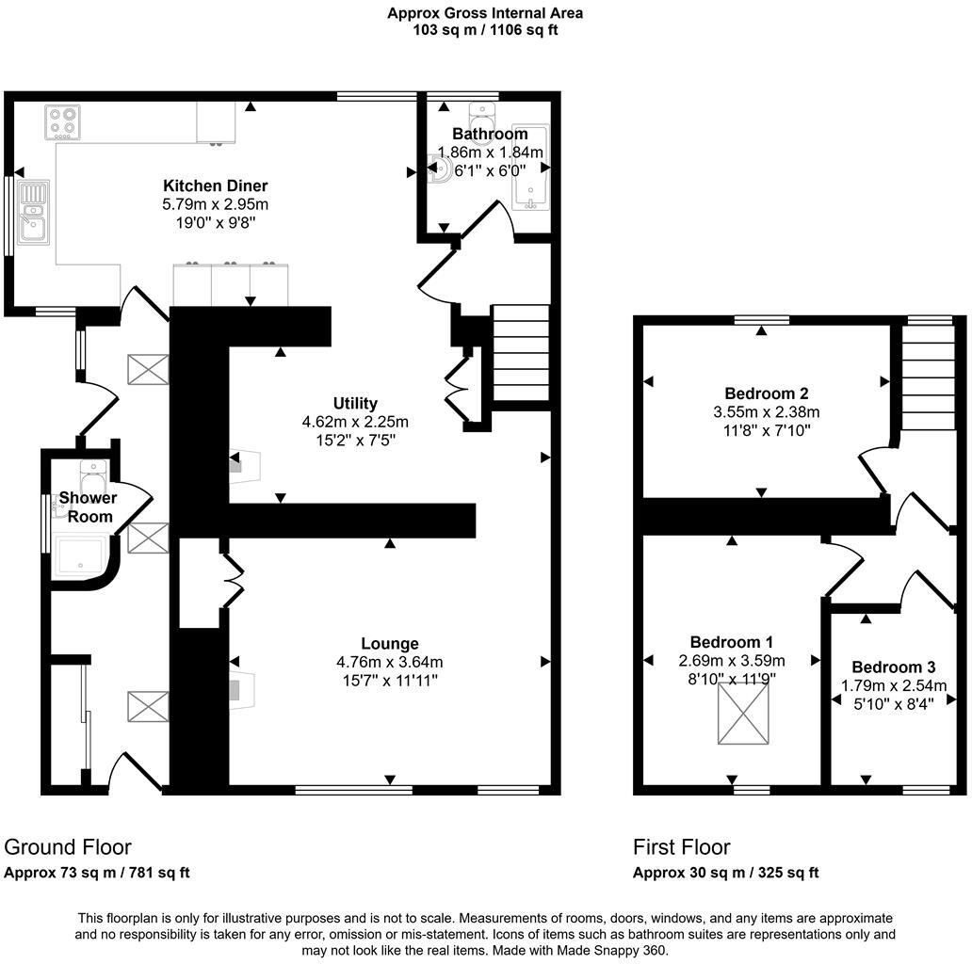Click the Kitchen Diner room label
(216, 185)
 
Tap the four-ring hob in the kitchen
(63, 122)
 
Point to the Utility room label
(354, 404)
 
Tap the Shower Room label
(88, 506)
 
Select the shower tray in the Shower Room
(83, 556)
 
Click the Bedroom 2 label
(766, 394)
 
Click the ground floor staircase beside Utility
(521, 353)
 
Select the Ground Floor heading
(68, 847)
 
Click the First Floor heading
(681, 847)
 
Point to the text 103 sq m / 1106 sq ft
(485, 30)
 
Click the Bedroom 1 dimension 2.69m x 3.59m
(732, 661)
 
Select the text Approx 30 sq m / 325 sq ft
(725, 873)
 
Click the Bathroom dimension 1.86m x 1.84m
(490, 153)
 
